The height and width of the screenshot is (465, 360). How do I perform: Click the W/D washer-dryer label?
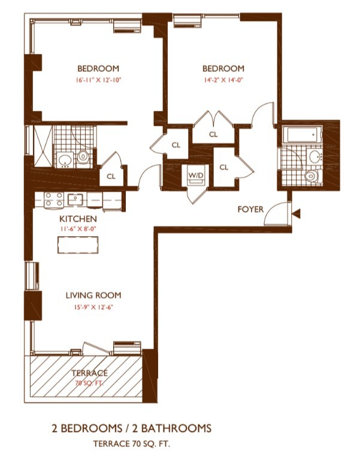tap(196, 175)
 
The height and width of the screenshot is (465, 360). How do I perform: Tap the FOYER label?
tap(250, 209)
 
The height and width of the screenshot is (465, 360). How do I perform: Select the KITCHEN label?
tap(78, 219)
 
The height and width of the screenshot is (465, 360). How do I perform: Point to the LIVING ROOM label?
tap(93, 295)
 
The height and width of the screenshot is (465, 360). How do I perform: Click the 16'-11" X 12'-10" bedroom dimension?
tap(98, 80)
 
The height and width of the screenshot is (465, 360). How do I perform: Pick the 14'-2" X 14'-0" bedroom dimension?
tap(223, 80)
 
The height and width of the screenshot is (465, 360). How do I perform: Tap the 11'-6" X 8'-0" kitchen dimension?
tap(78, 229)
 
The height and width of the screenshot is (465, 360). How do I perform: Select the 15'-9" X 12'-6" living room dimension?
tap(93, 307)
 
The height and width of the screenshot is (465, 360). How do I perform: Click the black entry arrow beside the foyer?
tap(297, 213)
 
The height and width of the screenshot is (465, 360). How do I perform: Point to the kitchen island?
tap(78, 244)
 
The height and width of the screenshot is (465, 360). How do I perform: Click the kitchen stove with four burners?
tap(54, 200)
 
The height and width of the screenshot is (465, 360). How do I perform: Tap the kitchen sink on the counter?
tap(75, 200)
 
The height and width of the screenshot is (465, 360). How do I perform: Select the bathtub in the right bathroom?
tap(302, 135)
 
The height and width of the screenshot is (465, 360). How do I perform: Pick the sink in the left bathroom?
tap(65, 160)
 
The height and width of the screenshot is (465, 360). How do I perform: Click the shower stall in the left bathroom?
tap(43, 146)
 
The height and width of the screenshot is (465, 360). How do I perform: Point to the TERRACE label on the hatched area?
tap(89, 373)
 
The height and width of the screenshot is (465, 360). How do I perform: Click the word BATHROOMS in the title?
tap(176, 428)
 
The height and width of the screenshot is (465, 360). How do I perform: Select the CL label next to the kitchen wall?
tap(111, 177)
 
